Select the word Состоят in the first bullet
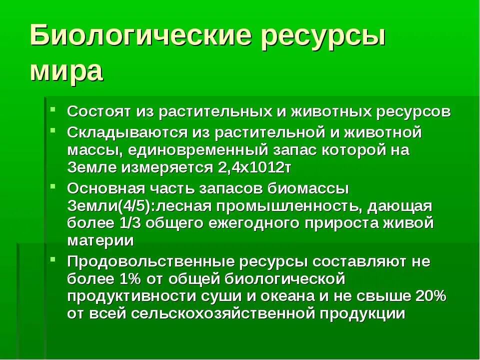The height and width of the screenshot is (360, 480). point(99,111)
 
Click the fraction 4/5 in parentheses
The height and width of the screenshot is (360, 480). point(118,206)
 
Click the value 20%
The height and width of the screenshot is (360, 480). point(430,296)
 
